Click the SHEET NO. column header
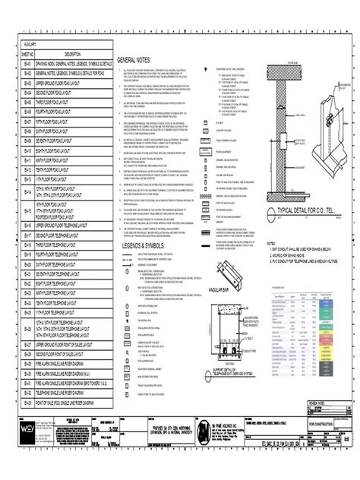[x=28, y=54]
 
